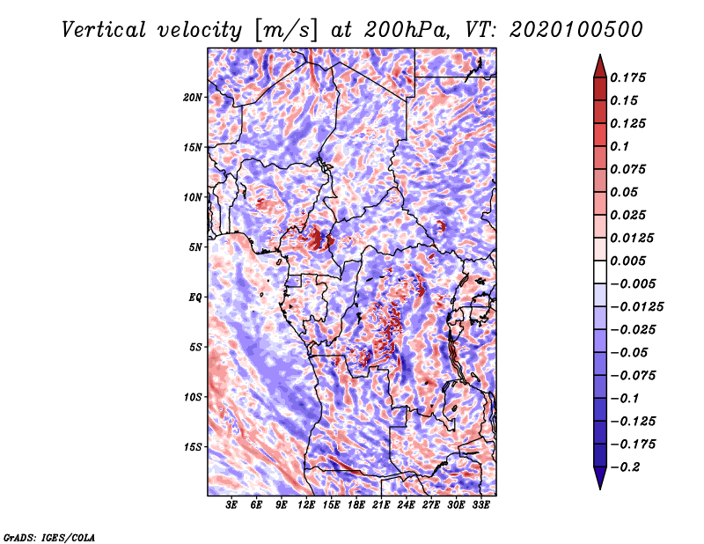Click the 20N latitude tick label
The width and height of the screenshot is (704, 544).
click(x=193, y=98)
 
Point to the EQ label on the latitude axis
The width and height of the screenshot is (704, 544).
click(x=194, y=298)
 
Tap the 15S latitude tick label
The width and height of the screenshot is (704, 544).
click(x=193, y=447)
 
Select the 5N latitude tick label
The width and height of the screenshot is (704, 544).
click(x=194, y=247)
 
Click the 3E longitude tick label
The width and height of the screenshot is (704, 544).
click(x=231, y=504)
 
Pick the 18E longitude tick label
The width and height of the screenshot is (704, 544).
click(x=356, y=504)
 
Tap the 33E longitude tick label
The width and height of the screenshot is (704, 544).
click(x=480, y=504)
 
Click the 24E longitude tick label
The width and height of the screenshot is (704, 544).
click(x=406, y=504)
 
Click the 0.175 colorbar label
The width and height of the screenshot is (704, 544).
click(x=627, y=77)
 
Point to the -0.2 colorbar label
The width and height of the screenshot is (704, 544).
click(x=625, y=467)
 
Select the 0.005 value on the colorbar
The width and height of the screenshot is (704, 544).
click(x=627, y=261)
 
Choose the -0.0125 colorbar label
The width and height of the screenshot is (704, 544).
click(x=636, y=307)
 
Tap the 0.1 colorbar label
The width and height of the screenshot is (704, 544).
click(x=620, y=146)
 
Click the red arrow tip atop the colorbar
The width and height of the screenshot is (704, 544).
click(x=600, y=55)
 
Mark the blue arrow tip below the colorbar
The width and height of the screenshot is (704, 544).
click(x=600, y=489)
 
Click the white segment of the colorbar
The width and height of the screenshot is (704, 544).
click(x=600, y=272)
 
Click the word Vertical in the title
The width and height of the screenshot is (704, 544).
click(x=104, y=30)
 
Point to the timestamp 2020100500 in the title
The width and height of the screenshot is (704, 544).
click(x=576, y=30)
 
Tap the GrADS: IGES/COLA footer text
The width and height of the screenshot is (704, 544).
click(x=49, y=537)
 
